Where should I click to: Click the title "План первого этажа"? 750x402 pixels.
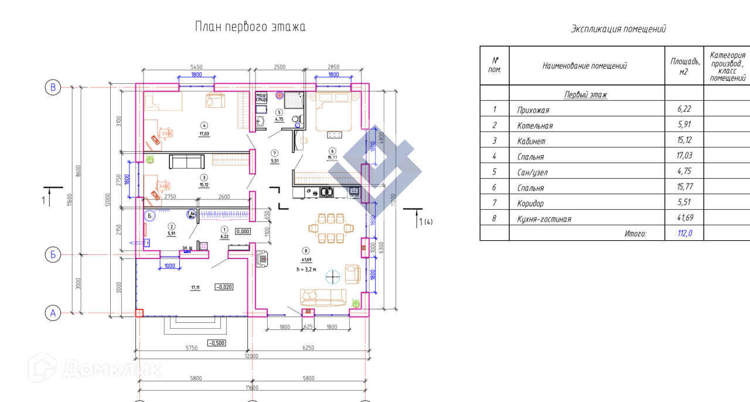point(250,28)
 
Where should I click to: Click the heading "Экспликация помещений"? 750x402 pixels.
point(618,29)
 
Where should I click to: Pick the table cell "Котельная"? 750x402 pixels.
point(534,125)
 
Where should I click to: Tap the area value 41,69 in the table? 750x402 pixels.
point(684,219)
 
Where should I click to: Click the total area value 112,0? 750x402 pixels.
point(684,233)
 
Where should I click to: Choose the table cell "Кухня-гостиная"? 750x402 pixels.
point(544,219)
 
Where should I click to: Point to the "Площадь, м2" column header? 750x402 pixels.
point(684,66)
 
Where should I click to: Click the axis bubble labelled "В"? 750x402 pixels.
point(53,87)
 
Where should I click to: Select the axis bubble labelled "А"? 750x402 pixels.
point(53,314)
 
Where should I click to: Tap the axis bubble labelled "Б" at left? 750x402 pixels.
point(53,255)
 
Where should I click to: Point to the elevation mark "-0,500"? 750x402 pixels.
point(216,343)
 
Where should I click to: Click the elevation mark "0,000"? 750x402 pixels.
point(243,231)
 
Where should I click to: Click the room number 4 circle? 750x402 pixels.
point(204,125)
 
